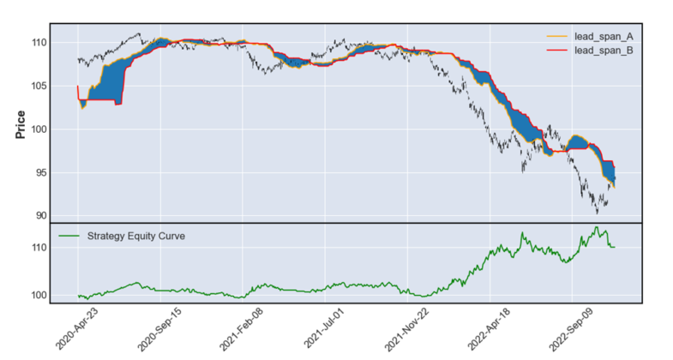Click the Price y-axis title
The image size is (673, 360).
tap(21, 123)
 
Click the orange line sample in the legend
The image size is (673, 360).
tap(556, 36)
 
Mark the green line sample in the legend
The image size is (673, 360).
tap(67, 235)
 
